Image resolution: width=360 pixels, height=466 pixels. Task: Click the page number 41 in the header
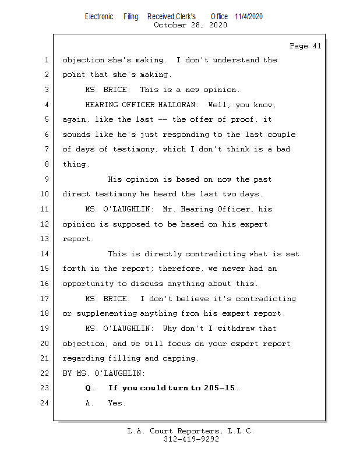(x=316, y=46)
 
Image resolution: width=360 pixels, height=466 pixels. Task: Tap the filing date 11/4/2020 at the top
(x=249, y=16)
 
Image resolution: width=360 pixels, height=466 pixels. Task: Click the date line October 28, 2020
(x=190, y=25)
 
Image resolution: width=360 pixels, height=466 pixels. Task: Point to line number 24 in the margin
(x=45, y=403)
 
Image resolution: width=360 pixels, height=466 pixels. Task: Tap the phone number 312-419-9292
(x=191, y=439)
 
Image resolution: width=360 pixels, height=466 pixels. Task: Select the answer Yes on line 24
(x=117, y=403)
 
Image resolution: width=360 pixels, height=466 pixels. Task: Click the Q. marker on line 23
(x=90, y=388)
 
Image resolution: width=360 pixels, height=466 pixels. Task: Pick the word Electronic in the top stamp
(x=99, y=16)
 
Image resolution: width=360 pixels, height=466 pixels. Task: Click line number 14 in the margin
(x=45, y=254)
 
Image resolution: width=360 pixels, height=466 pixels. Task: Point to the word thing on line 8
(x=75, y=164)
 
